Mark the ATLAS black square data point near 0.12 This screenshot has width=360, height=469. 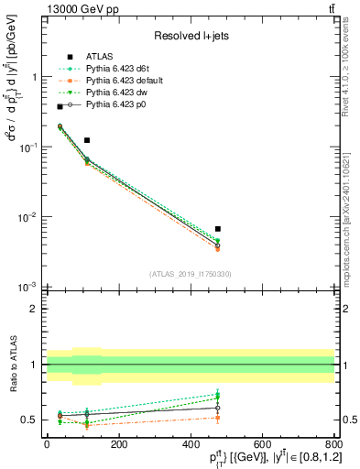pos(87,140)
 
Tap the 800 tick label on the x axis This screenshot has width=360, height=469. pos(333,442)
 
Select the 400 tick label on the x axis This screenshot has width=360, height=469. pos(191,442)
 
